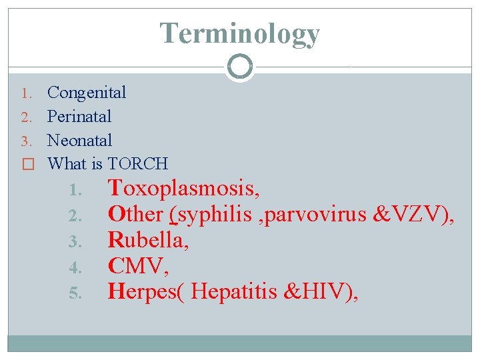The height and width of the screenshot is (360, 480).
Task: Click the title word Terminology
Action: pos(240,33)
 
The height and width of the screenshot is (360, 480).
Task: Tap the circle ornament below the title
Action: pos(240,67)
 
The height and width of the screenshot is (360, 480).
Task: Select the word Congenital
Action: pos(87,93)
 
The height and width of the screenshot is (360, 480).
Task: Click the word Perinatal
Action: pos(79,117)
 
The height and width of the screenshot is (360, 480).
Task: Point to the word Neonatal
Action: pos(80,141)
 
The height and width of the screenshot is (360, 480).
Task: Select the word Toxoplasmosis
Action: pos(183,189)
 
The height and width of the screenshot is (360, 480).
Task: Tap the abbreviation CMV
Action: pos(137,265)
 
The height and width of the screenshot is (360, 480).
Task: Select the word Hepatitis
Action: pos(233,291)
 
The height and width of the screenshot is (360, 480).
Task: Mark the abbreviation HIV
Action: pos(325,291)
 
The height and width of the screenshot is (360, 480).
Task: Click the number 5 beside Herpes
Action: pos(75,293)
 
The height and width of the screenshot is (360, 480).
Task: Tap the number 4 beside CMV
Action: pos(75,267)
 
